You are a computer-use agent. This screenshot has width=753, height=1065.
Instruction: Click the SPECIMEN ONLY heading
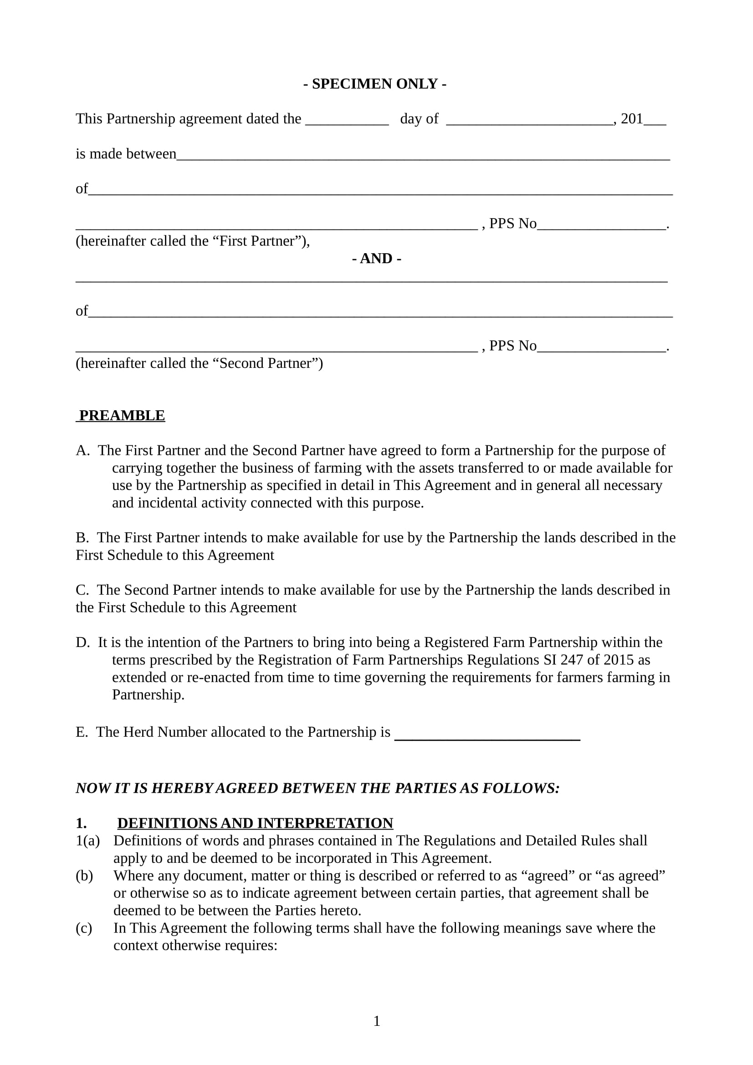[375, 84]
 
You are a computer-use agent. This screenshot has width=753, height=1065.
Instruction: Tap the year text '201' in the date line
[632, 119]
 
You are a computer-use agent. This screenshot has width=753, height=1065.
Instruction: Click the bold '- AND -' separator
[376, 258]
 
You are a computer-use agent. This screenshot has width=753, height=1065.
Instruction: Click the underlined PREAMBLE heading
[122, 416]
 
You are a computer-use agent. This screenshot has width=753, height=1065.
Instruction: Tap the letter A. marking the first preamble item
[82, 450]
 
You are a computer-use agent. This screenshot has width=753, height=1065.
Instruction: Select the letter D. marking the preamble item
[82, 642]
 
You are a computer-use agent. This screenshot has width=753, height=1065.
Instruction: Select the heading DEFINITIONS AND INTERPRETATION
[255, 823]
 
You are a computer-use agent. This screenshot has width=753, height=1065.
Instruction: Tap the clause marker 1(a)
[87, 841]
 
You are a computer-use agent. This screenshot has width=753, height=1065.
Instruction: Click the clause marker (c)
[84, 928]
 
